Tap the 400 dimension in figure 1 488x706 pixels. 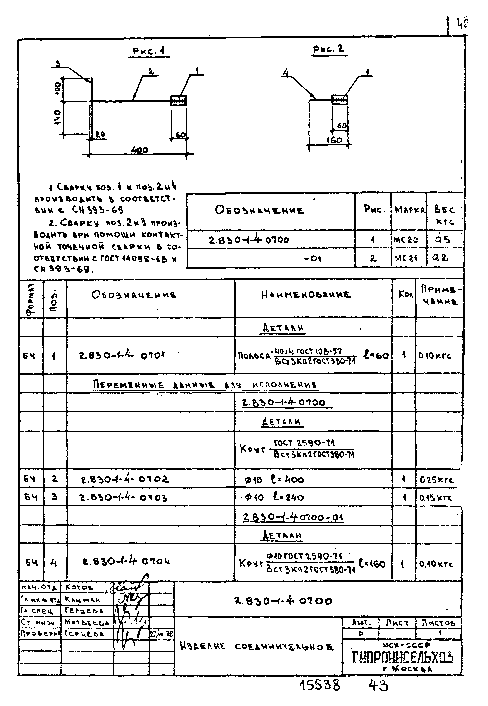pyautogui.click(x=139, y=150)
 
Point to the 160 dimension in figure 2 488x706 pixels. pyautogui.click(x=334, y=140)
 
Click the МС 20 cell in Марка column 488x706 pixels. pyautogui.click(x=406, y=240)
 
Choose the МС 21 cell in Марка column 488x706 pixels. pyautogui.click(x=406, y=259)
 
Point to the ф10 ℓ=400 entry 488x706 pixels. pyautogui.click(x=274, y=480)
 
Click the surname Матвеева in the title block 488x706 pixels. pyautogui.click(x=87, y=622)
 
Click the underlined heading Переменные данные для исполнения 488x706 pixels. pyautogui.click(x=205, y=385)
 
